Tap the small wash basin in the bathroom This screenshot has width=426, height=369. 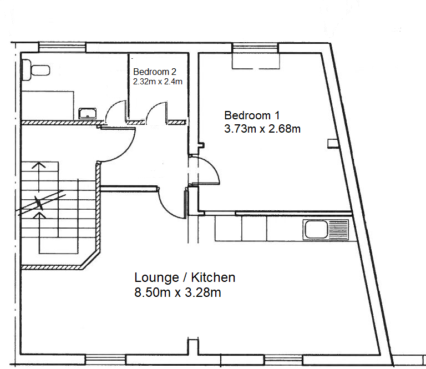point(88,114)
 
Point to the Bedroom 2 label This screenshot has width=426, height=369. point(155,72)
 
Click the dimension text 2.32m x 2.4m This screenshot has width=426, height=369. point(158,81)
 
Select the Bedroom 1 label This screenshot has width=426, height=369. point(252,115)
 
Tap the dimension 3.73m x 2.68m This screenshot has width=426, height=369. point(262,129)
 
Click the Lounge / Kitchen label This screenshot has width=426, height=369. point(185,277)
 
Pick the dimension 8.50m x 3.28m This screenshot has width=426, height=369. point(177,292)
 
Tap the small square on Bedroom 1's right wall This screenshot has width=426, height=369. point(332,143)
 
